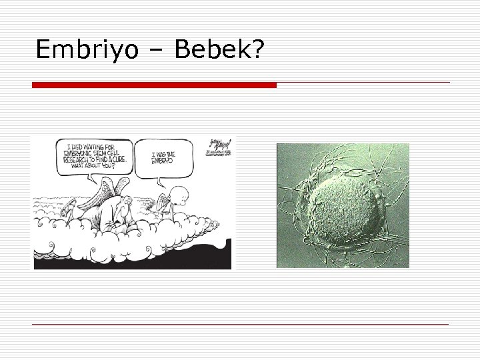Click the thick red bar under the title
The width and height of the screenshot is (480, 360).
tap(154, 85)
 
